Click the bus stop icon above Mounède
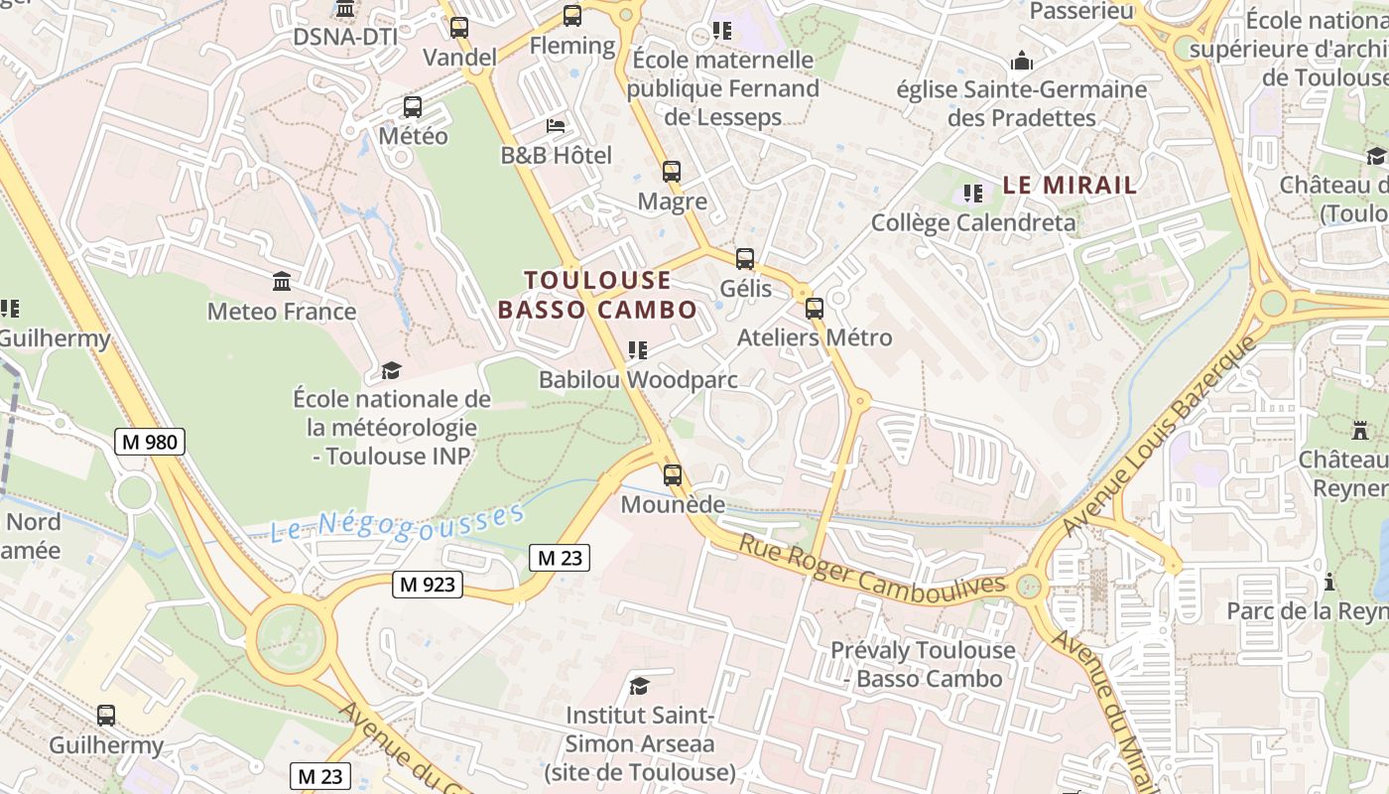pyautogui.click(x=673, y=474)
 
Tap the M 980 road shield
pyautogui.click(x=150, y=442)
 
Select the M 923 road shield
pyautogui.click(x=429, y=585)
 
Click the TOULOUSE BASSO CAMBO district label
pyautogui.click(x=597, y=295)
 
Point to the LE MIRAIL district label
pyautogui.click(x=1070, y=185)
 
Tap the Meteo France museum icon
pyautogui.click(x=282, y=282)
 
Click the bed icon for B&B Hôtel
pyautogui.click(x=556, y=126)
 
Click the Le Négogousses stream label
pyautogui.click(x=397, y=523)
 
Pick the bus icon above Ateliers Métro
pyautogui.click(x=815, y=308)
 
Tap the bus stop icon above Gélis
pyautogui.click(x=745, y=259)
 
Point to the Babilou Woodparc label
pyautogui.click(x=638, y=379)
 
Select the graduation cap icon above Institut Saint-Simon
pyautogui.click(x=640, y=686)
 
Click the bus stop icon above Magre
pyautogui.click(x=672, y=172)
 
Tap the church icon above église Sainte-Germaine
pyautogui.click(x=1022, y=62)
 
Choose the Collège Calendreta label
pyautogui.click(x=972, y=222)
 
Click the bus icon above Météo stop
pyautogui.click(x=413, y=107)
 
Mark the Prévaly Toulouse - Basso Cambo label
pyautogui.click(x=923, y=664)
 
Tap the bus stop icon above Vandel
pyautogui.click(x=459, y=28)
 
